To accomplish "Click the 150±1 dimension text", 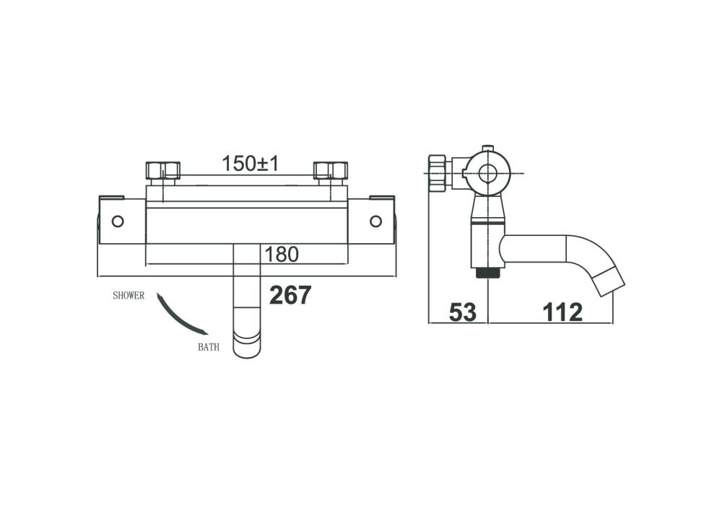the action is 251,163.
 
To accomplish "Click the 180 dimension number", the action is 282,255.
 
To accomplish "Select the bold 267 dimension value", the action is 290,295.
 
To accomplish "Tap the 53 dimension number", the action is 462,312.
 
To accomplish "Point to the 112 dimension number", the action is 562,312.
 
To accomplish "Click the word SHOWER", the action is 129,296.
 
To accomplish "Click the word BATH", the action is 209,347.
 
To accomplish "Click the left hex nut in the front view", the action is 162,170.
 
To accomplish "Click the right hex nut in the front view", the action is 330,170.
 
